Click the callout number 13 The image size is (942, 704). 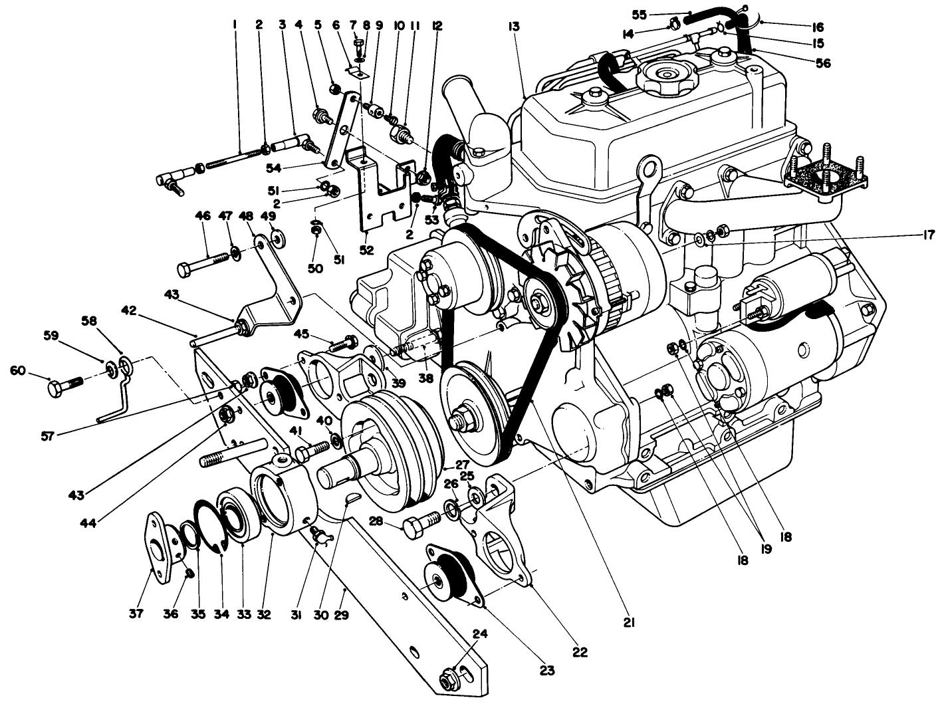click(x=515, y=27)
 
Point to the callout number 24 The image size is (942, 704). click(x=481, y=634)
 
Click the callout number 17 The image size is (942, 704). click(x=928, y=235)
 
